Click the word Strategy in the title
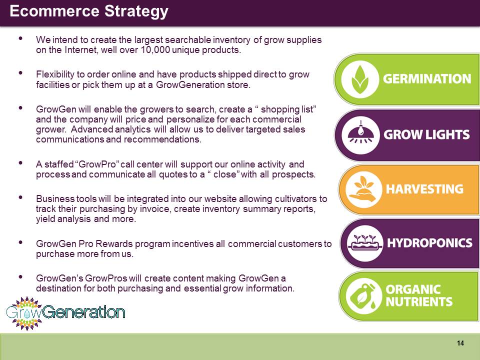[x=136, y=11]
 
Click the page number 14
[x=460, y=343]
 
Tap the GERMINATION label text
[x=427, y=78]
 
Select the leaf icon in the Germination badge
[x=360, y=79]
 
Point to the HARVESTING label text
[x=424, y=189]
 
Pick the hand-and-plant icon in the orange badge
[x=363, y=189]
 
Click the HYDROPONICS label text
[x=430, y=243]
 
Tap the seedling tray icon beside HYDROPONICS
[x=364, y=243]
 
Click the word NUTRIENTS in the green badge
[x=419, y=302]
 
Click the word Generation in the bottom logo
[x=83, y=312]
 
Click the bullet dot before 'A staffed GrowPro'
[x=20, y=163]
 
